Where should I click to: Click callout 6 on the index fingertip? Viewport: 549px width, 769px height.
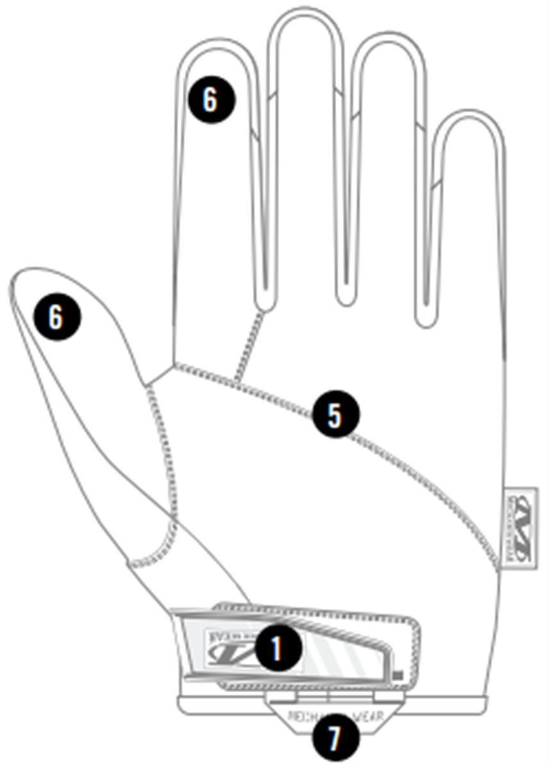click(211, 100)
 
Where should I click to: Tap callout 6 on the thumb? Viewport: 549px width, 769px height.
click(58, 317)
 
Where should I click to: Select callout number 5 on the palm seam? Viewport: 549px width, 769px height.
click(336, 415)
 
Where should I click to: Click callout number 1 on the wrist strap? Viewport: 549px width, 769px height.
click(277, 649)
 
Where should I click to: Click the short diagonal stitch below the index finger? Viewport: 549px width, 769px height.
click(249, 346)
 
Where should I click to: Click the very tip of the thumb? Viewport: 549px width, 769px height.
click(16, 279)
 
